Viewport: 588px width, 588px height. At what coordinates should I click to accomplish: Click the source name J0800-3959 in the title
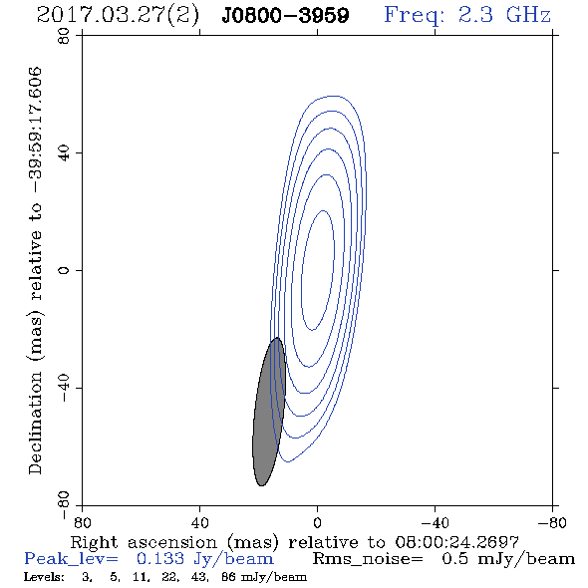click(285, 15)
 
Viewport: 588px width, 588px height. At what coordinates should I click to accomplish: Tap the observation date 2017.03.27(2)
click(118, 15)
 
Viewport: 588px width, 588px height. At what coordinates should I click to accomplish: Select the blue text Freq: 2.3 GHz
click(467, 15)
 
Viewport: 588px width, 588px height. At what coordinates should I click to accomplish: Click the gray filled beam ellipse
click(269, 412)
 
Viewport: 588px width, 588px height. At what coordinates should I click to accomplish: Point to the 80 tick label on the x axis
click(82, 522)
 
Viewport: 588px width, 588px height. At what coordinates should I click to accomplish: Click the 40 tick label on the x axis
click(199, 522)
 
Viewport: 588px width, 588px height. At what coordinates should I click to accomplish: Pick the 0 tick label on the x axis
click(317, 522)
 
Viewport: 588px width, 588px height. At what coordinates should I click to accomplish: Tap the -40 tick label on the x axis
click(435, 522)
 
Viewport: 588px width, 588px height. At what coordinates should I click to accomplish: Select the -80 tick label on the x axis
click(552, 522)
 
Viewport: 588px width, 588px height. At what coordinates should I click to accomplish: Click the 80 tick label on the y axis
click(64, 36)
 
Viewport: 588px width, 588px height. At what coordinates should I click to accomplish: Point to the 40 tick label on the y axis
click(64, 153)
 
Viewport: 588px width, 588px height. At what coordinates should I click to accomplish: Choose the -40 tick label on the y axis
click(64, 388)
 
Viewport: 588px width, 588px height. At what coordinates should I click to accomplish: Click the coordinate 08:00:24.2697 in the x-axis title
click(456, 542)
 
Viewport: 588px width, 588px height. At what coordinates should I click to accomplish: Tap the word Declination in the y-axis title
click(35, 423)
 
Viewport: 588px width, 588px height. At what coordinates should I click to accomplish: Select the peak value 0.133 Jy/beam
click(204, 559)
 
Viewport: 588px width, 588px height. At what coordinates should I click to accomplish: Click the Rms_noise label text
click(368, 559)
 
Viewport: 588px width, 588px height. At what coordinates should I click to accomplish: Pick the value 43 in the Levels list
click(198, 577)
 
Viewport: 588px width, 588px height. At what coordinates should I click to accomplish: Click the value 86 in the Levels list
click(228, 577)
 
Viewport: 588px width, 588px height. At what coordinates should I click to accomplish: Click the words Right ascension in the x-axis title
click(144, 542)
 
